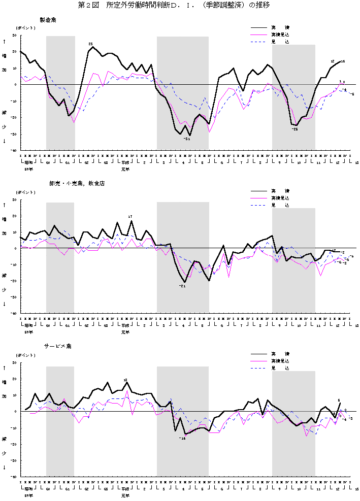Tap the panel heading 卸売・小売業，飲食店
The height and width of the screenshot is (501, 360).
(62, 183)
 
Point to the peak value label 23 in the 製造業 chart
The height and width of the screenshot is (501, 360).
(90, 44)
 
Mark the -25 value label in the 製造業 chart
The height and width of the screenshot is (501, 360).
(294, 129)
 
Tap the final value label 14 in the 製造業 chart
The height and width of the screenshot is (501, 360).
(343, 61)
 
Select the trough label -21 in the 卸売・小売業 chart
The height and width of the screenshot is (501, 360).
(182, 286)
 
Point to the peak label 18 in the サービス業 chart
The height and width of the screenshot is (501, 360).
(125, 380)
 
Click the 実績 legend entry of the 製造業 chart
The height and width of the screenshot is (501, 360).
(280, 27)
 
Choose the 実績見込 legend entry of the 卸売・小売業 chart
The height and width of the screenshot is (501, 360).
(280, 197)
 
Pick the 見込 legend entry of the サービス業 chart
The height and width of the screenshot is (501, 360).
(280, 368)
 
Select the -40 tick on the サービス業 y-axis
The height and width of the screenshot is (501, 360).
(14, 477)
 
